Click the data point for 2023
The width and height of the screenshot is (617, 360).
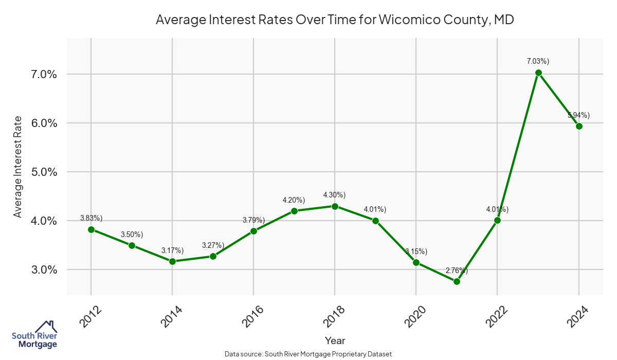[x=538, y=73]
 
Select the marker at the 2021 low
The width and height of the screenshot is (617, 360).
[x=457, y=281]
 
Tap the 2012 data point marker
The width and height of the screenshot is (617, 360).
[x=91, y=229]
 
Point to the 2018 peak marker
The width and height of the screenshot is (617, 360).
[x=335, y=206]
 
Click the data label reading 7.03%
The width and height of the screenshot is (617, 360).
[x=538, y=61]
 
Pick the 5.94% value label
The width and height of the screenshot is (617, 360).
[x=578, y=115]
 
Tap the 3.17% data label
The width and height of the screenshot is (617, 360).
[x=172, y=250]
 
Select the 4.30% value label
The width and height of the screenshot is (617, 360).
[x=334, y=195]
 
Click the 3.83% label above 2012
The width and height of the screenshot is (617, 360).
[x=92, y=218]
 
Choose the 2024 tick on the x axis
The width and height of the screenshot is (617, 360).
[x=578, y=316]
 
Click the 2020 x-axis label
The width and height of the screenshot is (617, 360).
[x=415, y=316]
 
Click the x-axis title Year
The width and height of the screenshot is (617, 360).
[x=335, y=340]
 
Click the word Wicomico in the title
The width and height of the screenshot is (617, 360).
[x=410, y=20]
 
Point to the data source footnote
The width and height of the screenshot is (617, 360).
[x=308, y=354]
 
